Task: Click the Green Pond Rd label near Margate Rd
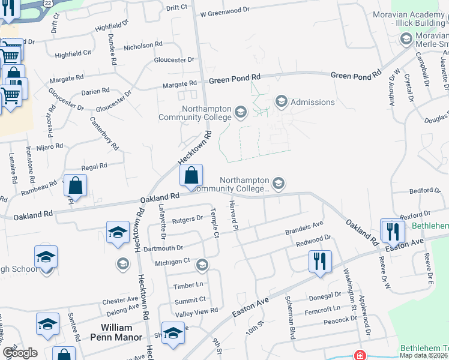click(235, 78)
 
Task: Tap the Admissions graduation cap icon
click(281, 102)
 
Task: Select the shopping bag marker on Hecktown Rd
click(191, 176)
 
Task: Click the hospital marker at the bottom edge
click(360, 355)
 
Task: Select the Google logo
click(20, 353)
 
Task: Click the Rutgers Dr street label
click(187, 219)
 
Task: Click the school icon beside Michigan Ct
click(202, 264)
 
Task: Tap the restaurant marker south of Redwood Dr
click(319, 261)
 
